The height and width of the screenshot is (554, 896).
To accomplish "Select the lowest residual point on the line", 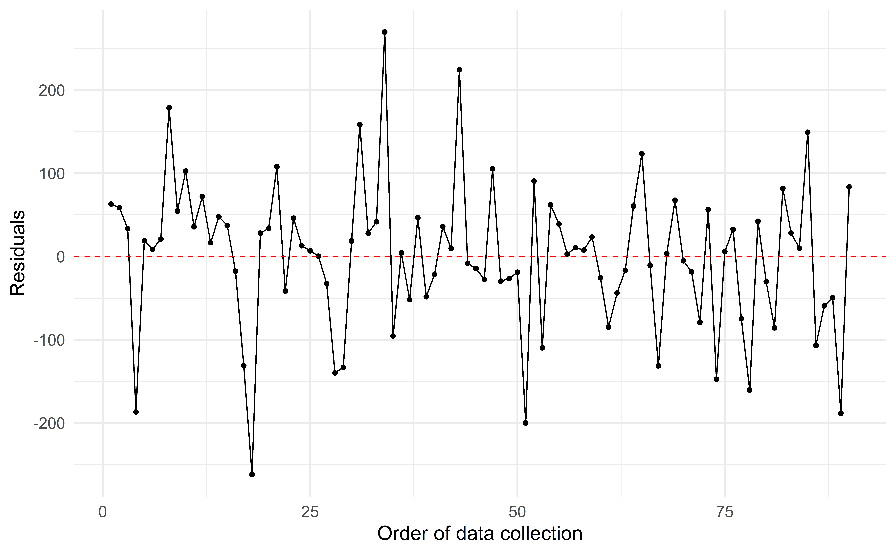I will pyautogui.click(x=252, y=475).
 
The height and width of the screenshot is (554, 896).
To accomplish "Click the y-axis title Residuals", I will pyautogui.click(x=18, y=253).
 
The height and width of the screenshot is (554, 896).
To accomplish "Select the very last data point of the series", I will pyautogui.click(x=849, y=187).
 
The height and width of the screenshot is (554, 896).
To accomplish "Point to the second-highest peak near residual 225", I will pyautogui.click(x=459, y=70).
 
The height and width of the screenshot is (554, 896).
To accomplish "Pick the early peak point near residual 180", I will pyautogui.click(x=169, y=108).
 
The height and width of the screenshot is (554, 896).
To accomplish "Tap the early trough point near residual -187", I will pyautogui.click(x=136, y=412).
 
